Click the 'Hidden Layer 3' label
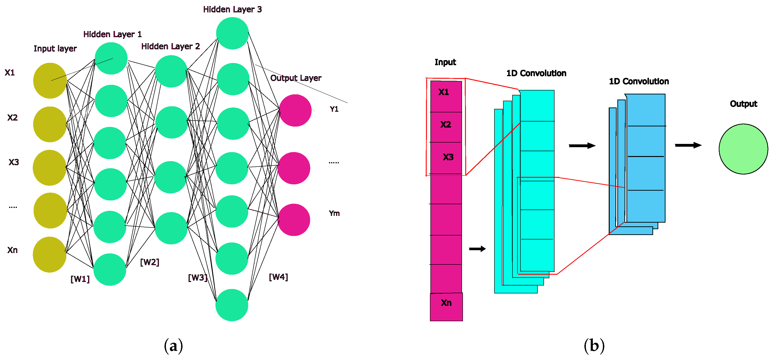(232, 9)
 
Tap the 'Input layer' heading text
(55, 48)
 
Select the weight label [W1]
(80, 279)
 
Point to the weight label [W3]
(197, 278)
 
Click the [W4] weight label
(278, 277)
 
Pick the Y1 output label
(334, 109)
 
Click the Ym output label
(334, 213)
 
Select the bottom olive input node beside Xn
(50, 254)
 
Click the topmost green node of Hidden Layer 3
(232, 33)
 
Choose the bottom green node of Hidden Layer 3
(232, 305)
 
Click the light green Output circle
(743, 149)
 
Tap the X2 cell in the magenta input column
(446, 125)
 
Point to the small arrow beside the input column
(477, 249)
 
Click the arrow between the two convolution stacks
(582, 146)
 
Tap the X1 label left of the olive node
(10, 73)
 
